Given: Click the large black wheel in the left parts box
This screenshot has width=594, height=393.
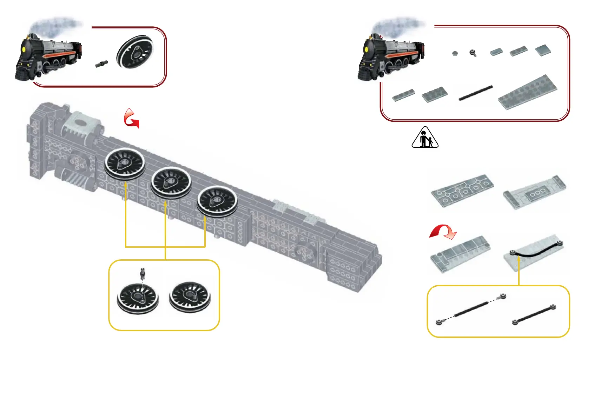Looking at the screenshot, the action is (135, 52).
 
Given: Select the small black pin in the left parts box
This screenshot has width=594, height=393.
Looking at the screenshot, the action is (101, 64).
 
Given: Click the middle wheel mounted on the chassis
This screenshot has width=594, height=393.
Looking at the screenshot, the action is (171, 183).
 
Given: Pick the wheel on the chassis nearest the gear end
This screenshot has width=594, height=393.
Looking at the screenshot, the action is (125, 164).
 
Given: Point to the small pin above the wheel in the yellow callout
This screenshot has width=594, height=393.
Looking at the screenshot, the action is (143, 272).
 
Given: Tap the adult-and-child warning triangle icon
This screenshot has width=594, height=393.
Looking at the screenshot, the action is (425, 138).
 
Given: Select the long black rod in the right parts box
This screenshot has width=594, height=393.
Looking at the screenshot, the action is (476, 93).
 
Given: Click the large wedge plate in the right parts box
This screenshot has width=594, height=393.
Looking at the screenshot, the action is (527, 92).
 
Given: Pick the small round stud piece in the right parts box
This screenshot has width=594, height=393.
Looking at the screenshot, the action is (455, 54).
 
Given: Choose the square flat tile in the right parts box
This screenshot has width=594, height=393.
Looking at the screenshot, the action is (543, 50).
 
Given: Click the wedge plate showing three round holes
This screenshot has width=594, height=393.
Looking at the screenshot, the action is (534, 192).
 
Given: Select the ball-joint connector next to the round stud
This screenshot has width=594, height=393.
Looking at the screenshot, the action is (473, 53).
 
